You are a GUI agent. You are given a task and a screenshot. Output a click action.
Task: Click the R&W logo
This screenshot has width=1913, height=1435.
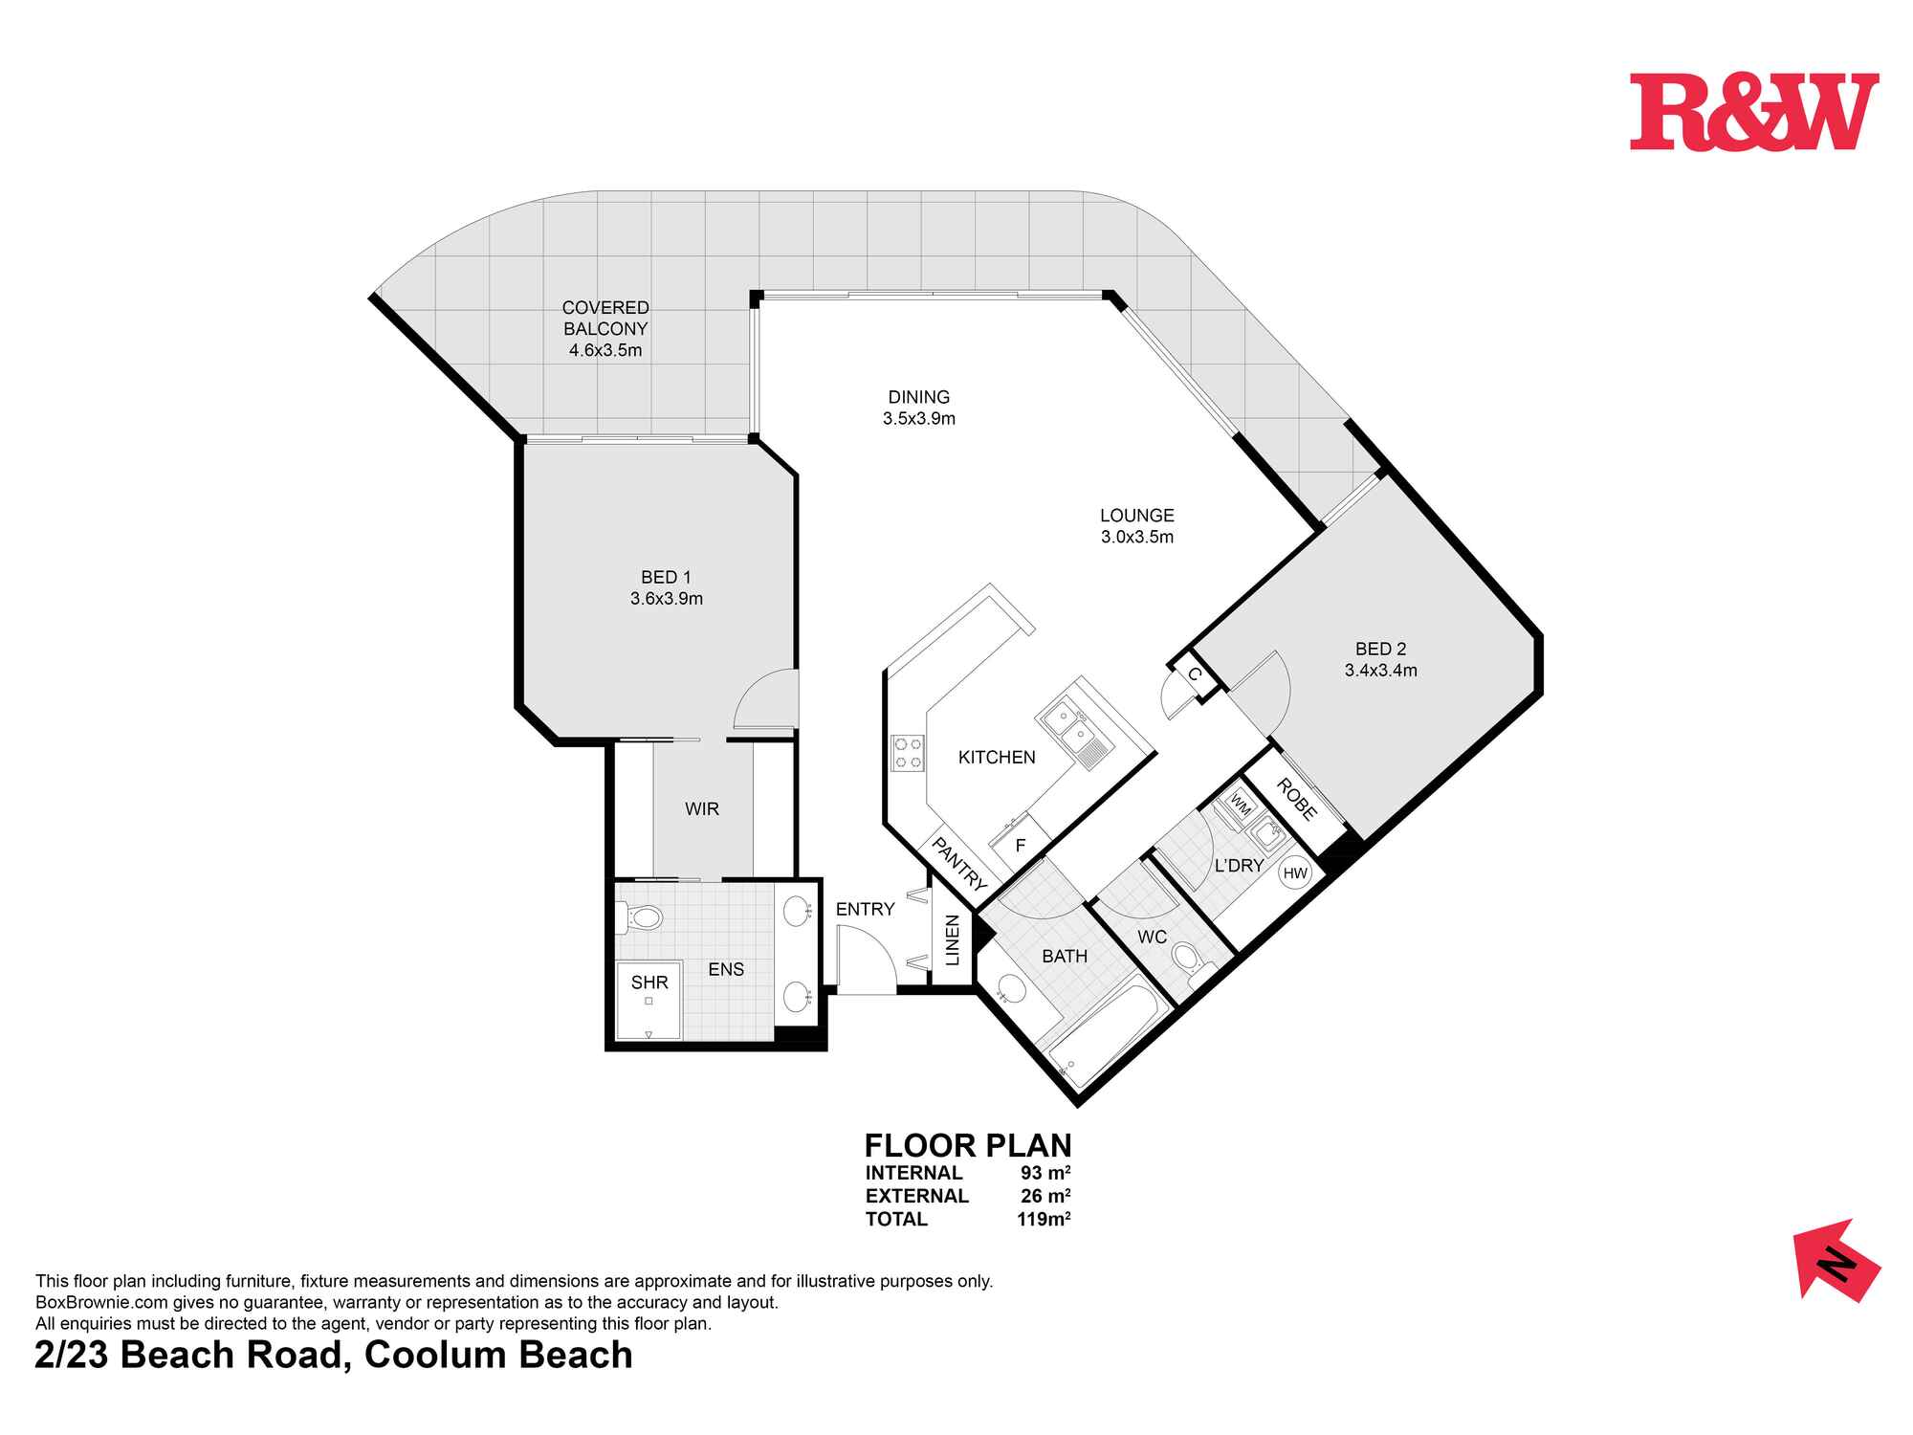point(1753,113)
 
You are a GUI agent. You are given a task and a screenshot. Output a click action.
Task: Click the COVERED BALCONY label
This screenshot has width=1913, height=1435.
point(605,319)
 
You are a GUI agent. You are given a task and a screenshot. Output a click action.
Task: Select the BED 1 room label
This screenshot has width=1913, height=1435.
point(666,577)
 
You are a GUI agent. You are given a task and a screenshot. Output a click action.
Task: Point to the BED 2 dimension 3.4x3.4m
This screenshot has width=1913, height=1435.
point(1380,671)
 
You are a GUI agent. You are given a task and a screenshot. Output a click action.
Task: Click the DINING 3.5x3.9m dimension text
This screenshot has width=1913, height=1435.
point(918,419)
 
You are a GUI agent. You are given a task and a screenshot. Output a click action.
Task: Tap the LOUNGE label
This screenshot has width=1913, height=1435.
point(1136,516)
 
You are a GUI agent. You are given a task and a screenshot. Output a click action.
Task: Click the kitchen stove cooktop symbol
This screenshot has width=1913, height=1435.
point(908,752)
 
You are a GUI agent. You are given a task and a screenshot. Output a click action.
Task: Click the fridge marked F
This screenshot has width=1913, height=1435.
point(1020,845)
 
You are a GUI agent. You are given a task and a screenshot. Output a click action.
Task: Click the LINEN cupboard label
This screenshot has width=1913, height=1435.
point(952,939)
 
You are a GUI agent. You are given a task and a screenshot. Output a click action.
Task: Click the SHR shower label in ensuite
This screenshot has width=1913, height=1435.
point(649,982)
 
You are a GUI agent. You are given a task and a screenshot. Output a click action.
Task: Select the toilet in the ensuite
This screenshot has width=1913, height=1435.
point(641,919)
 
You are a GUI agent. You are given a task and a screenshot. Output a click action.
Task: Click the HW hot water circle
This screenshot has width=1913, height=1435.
point(1295,872)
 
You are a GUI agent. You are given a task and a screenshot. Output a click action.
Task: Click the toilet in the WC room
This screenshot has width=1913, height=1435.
point(1189,959)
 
